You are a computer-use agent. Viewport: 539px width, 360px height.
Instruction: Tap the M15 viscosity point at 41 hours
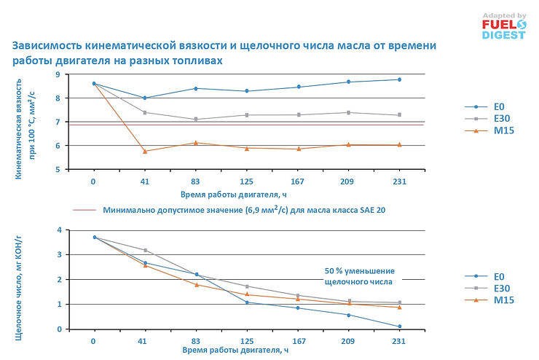coord(146,151)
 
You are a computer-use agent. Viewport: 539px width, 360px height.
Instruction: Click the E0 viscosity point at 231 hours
coord(399,79)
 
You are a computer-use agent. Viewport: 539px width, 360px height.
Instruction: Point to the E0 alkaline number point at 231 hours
coord(399,326)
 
